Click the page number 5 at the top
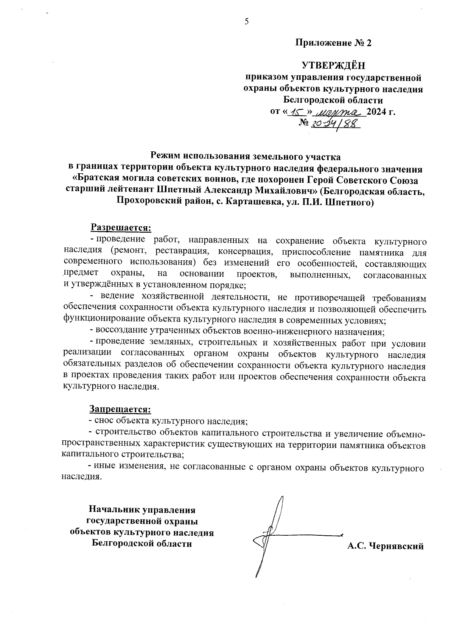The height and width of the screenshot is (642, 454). tap(246, 22)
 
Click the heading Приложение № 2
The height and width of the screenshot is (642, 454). tap(333, 43)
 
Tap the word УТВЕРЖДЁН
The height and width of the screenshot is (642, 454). tap(333, 65)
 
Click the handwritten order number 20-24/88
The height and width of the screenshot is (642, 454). tap(334, 124)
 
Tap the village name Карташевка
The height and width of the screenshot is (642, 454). tap(252, 202)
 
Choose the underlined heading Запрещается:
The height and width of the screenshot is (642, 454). tap(120, 409)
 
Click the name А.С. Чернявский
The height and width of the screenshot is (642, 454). tap(385, 546)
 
